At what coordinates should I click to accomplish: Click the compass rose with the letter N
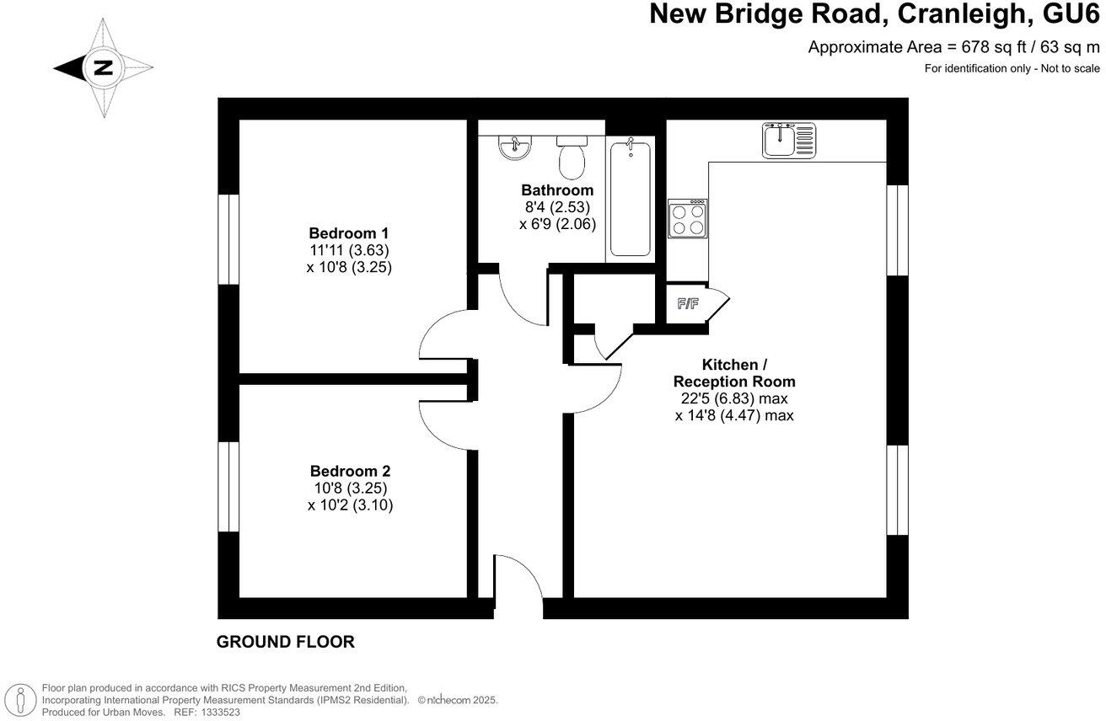point(103,67)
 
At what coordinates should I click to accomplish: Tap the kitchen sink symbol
point(789,140)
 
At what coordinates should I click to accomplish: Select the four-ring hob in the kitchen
point(688,219)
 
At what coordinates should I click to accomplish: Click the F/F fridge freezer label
point(688,304)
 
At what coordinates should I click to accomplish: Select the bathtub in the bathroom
point(630,199)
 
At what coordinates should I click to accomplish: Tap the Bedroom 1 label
point(348,233)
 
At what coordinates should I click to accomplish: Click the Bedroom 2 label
point(350,472)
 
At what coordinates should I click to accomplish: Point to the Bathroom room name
point(556,190)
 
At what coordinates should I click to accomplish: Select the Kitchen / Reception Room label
point(734,373)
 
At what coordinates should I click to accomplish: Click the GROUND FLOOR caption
point(286,643)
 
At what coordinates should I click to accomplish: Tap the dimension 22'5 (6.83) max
point(734,398)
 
